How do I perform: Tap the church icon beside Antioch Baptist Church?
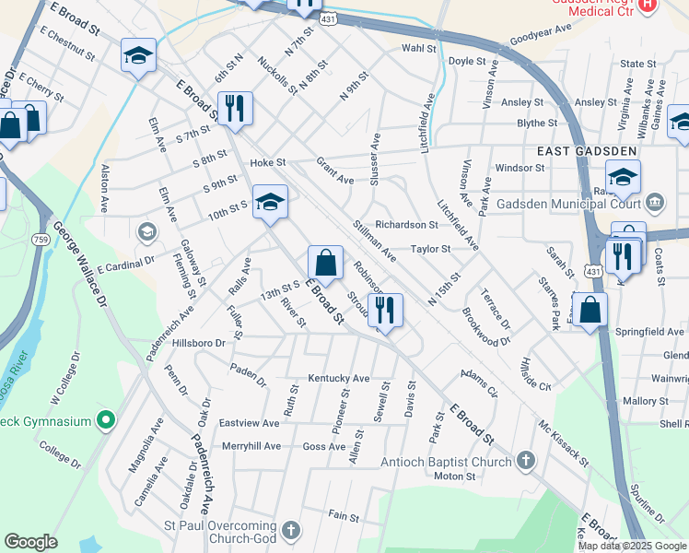525,461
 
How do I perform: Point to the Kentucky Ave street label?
338,378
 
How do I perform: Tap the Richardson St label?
406,224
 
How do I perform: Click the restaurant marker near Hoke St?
235,110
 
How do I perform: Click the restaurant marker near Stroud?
384,311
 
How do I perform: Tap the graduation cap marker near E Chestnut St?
138,58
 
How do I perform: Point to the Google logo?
30,542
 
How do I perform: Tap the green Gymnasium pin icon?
106,421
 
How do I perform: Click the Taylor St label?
430,249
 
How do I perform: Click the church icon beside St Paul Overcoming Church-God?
291,531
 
